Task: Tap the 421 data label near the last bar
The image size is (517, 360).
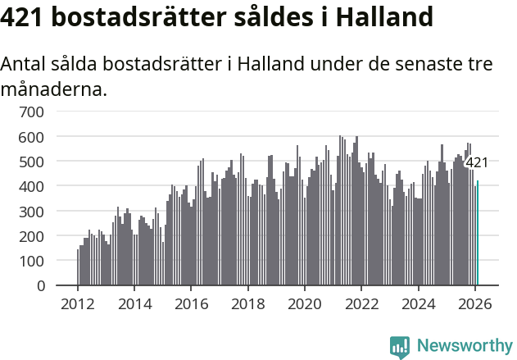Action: tap(476, 162)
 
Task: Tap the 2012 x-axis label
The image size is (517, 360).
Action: tap(78, 304)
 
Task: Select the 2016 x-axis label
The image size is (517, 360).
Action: tap(191, 304)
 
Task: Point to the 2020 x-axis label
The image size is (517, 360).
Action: tap(305, 304)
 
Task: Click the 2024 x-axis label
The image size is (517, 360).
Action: tap(418, 304)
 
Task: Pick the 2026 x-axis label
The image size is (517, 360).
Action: tap(474, 304)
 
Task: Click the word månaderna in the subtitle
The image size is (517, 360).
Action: tap(54, 89)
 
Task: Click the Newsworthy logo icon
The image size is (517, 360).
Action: tap(400, 346)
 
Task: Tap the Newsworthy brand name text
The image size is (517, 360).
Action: tap(464, 346)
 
